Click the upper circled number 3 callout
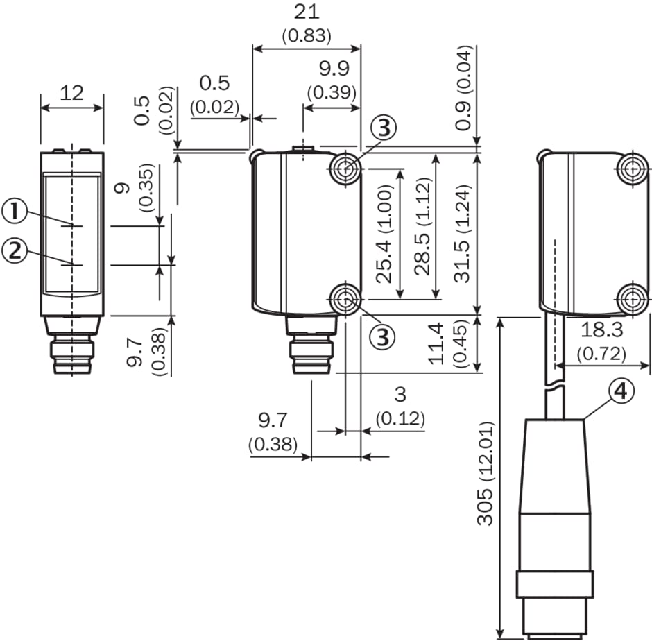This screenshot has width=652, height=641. click(x=384, y=128)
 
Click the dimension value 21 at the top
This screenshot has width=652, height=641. click(x=307, y=12)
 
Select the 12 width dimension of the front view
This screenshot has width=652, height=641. click(x=72, y=92)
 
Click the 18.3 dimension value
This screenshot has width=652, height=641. click(x=601, y=329)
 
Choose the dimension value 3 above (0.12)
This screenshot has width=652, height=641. click(x=400, y=395)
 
